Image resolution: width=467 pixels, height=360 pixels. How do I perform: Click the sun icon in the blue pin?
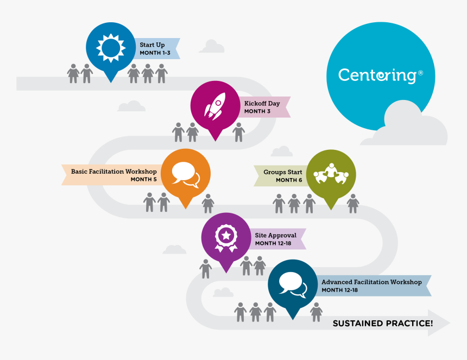(111, 48)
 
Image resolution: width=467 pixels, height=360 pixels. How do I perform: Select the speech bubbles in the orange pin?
(185, 174)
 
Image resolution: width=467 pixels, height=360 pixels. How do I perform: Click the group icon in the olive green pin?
(331, 173)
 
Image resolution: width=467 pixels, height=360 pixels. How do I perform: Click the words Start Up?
(153, 45)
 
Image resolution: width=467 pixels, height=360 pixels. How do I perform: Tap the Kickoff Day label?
(262, 103)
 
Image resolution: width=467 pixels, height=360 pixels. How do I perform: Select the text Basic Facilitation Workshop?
(113, 172)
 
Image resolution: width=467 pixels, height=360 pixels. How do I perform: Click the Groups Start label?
(283, 172)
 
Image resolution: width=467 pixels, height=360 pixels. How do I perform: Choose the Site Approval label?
(275, 236)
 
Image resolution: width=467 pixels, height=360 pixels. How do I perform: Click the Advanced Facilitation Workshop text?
(371, 282)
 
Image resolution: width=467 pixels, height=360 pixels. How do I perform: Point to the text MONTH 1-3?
(154, 53)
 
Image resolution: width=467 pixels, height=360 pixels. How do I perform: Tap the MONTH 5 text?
(143, 180)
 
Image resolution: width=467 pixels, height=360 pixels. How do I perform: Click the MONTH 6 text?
(289, 180)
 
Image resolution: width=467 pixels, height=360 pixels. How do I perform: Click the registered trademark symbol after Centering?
(420, 72)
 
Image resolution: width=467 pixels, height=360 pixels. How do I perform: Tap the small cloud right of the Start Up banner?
(211, 47)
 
